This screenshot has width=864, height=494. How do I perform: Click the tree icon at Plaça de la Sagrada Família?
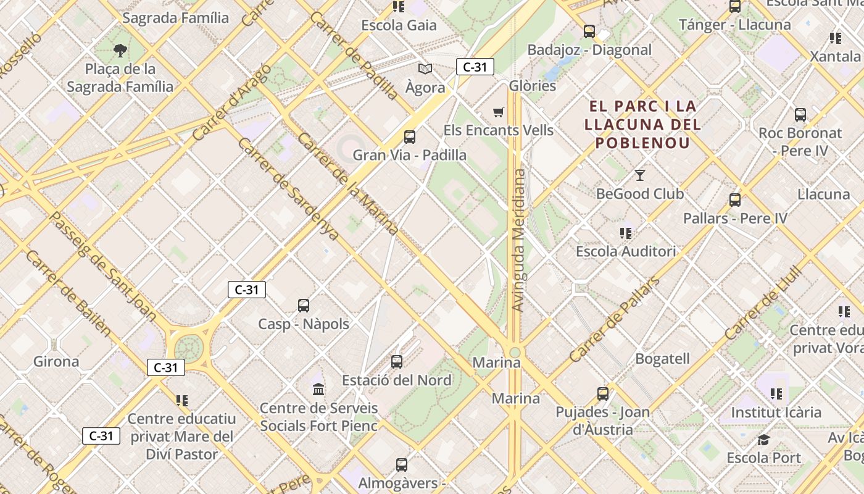[120, 50]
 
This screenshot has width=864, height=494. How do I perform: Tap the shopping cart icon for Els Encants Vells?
[499, 112]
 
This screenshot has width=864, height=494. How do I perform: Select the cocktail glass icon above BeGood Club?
[640, 175]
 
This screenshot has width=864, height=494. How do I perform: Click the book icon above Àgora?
[425, 69]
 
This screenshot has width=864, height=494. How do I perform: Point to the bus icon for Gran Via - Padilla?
[410, 136]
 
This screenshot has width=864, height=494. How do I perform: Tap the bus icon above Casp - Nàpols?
[304, 305]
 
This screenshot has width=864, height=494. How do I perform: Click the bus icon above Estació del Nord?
[397, 361]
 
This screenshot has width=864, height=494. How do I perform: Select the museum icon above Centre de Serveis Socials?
[318, 389]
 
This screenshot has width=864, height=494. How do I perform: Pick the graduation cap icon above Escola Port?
[763, 440]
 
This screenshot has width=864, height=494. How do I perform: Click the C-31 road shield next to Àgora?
[475, 67]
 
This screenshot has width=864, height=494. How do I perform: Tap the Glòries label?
[533, 86]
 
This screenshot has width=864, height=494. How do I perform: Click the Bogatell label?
[662, 359]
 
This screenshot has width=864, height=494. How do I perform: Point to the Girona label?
[56, 361]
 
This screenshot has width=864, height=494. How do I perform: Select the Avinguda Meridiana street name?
[519, 241]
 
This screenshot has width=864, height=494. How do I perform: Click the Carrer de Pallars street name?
[614, 320]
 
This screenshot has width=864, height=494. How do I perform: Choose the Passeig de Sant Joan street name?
[102, 267]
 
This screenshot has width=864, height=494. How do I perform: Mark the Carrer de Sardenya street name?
[288, 189]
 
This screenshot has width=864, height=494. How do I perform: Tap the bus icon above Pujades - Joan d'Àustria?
[603, 393]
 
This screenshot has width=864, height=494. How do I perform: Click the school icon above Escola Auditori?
[626, 233]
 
